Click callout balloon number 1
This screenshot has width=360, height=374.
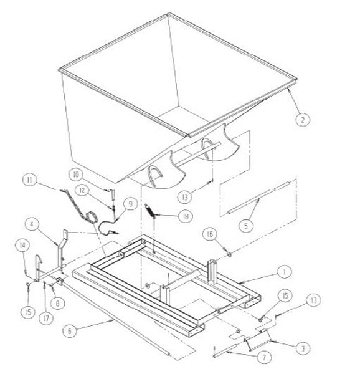point(284,272)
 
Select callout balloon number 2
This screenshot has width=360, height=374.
point(303,119)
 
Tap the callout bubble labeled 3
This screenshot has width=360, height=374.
point(303,348)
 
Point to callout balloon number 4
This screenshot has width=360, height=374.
point(32,224)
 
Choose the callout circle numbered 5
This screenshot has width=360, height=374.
point(247,225)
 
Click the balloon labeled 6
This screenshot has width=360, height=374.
point(70,330)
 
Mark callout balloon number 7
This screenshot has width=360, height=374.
point(264,357)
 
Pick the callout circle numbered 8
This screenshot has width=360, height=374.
point(57,304)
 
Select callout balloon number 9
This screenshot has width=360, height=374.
point(131,204)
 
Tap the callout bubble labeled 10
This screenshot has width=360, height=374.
point(76,175)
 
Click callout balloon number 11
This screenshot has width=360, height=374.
point(30,180)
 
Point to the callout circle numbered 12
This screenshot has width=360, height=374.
point(82,190)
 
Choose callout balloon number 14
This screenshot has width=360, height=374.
point(22,246)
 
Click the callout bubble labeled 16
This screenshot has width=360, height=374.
point(210,234)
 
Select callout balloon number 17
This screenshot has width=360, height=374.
point(46,318)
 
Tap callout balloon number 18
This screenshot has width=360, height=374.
point(186,216)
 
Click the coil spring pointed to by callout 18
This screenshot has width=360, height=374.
point(149,211)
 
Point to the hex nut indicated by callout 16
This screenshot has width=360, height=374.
point(229,254)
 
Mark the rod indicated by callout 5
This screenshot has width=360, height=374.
point(258,197)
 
